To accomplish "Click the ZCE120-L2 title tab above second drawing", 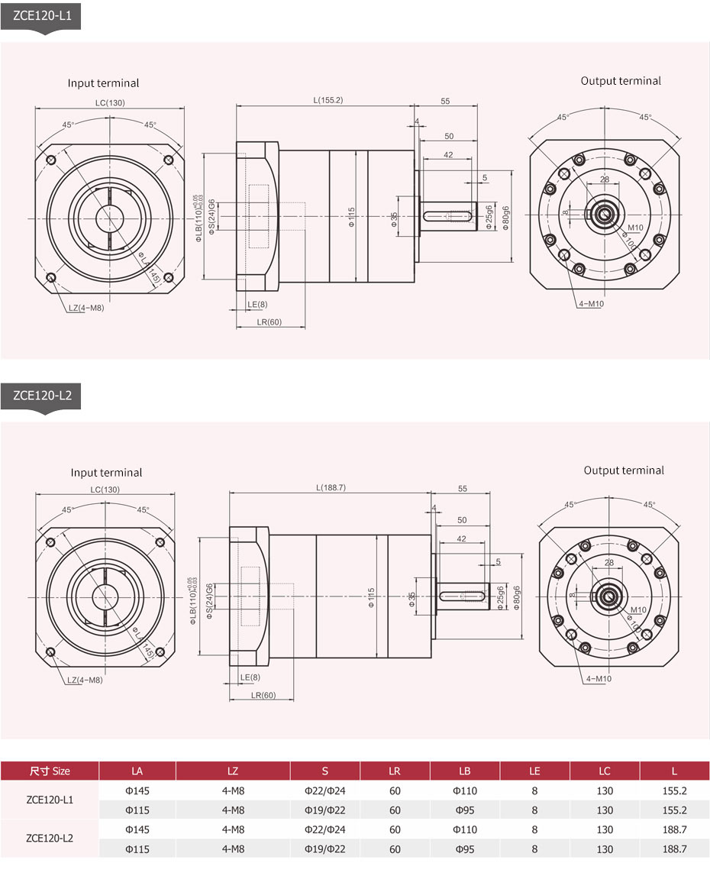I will click(42, 396).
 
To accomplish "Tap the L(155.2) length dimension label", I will click(328, 101).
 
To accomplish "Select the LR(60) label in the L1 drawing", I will click(269, 322).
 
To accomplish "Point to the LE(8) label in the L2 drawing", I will click(250, 677).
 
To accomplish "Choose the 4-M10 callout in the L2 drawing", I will click(599, 678).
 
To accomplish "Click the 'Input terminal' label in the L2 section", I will click(106, 473).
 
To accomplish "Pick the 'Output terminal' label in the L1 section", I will click(621, 81).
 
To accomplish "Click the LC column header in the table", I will click(604, 771).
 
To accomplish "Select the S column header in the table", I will click(324, 771).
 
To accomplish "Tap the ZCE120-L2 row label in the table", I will click(50, 838).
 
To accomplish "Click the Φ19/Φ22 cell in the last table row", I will click(324, 849).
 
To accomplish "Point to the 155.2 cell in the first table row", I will click(675, 790).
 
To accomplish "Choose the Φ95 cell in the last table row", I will click(465, 849).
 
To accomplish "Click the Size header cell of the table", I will click(50, 771).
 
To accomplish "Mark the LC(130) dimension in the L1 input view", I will click(110, 102).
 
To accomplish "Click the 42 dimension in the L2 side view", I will click(462, 538).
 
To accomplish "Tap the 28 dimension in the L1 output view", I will click(605, 179).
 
